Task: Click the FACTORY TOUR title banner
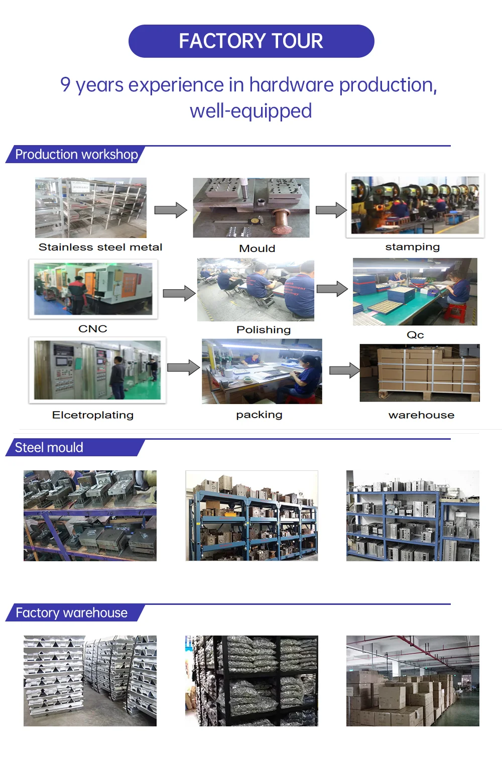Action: [251, 41]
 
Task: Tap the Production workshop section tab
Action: [76, 155]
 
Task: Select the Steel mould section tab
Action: [49, 448]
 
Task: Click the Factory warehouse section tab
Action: [71, 613]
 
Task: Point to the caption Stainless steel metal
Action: [100, 247]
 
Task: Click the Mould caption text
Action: [257, 248]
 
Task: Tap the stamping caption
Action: [412, 247]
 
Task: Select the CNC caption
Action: [93, 329]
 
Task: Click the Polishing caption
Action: [264, 330]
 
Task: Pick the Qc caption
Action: [415, 335]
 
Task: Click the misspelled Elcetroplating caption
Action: [93, 415]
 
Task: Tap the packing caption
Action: [259, 415]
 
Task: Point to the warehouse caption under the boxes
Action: [421, 415]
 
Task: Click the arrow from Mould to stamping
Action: [331, 210]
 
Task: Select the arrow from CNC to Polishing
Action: [179, 293]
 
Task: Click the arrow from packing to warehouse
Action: [344, 371]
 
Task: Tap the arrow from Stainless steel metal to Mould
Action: [170, 210]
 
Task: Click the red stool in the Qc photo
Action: [455, 314]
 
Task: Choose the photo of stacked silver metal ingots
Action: [90, 681]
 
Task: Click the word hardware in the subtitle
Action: [291, 85]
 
